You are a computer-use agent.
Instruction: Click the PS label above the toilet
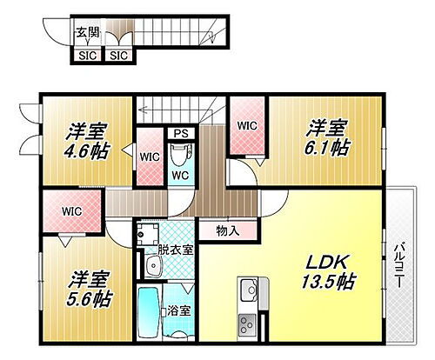click(x=181, y=134)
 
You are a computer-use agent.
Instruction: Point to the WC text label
click(x=180, y=174)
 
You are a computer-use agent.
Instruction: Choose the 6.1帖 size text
click(x=327, y=148)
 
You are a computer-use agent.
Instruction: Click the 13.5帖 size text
click(x=329, y=281)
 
